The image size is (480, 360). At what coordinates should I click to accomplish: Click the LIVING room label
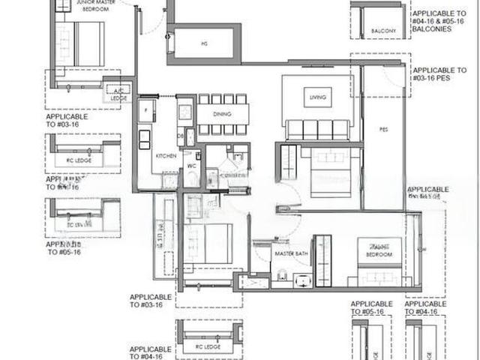[x=316, y=97]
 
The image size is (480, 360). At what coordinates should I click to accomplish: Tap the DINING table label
[x=223, y=114]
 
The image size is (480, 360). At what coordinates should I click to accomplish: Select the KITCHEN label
[x=165, y=155]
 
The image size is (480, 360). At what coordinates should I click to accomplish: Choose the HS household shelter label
[x=203, y=43]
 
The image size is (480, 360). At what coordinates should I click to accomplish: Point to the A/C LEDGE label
[x=120, y=92]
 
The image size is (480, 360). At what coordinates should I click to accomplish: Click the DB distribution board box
[x=181, y=135]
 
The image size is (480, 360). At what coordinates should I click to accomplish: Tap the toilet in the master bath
[x=280, y=279]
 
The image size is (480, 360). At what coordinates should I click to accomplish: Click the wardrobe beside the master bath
[x=322, y=259]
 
